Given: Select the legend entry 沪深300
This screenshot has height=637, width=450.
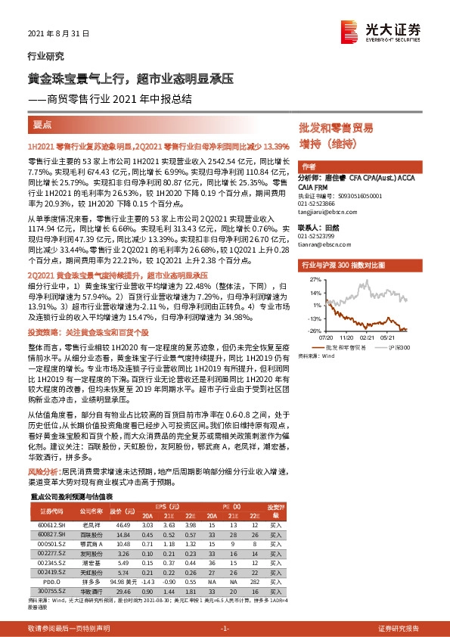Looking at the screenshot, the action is (x=402, y=346).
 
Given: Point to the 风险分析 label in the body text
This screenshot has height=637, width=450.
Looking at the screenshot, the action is (x=44, y=471).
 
